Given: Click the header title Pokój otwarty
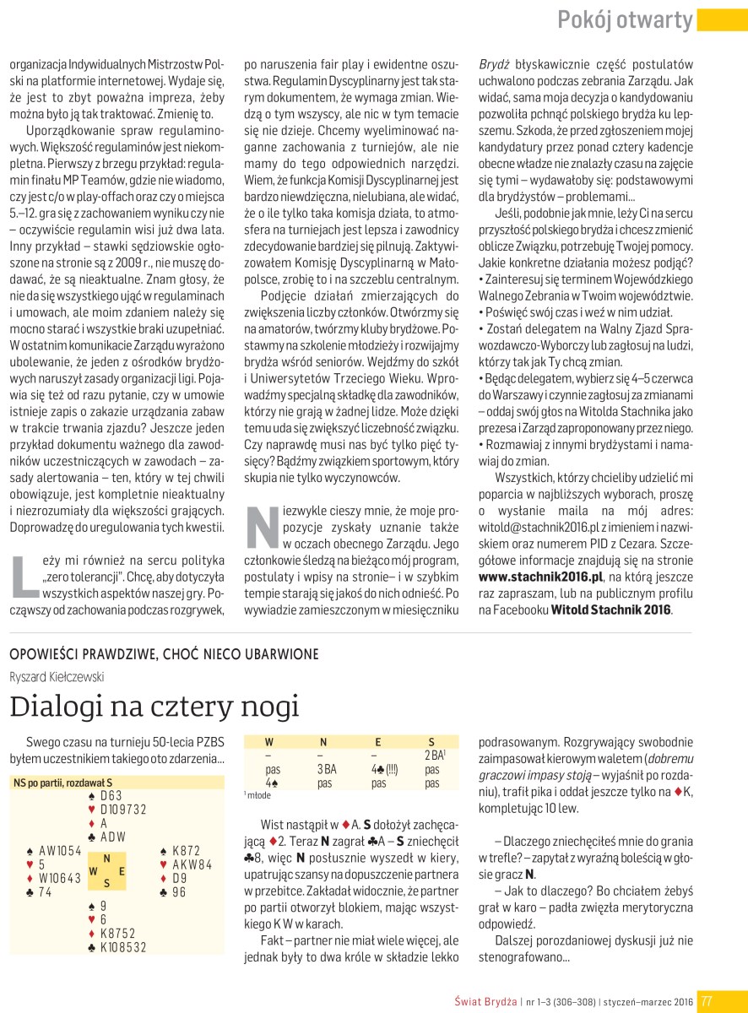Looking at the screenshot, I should pos(625,20).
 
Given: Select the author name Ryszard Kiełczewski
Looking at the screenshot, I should pos(57,675).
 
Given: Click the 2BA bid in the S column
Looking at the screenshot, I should pos(432,756).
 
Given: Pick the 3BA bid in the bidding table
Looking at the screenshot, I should pos(327,770).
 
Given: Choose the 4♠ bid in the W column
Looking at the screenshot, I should pos(272,783).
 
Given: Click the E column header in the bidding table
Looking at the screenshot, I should pos(377,742).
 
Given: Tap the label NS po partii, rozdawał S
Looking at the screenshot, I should pos(62,783).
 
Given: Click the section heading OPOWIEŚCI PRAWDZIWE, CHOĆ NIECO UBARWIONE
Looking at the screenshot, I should pos(164,654).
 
